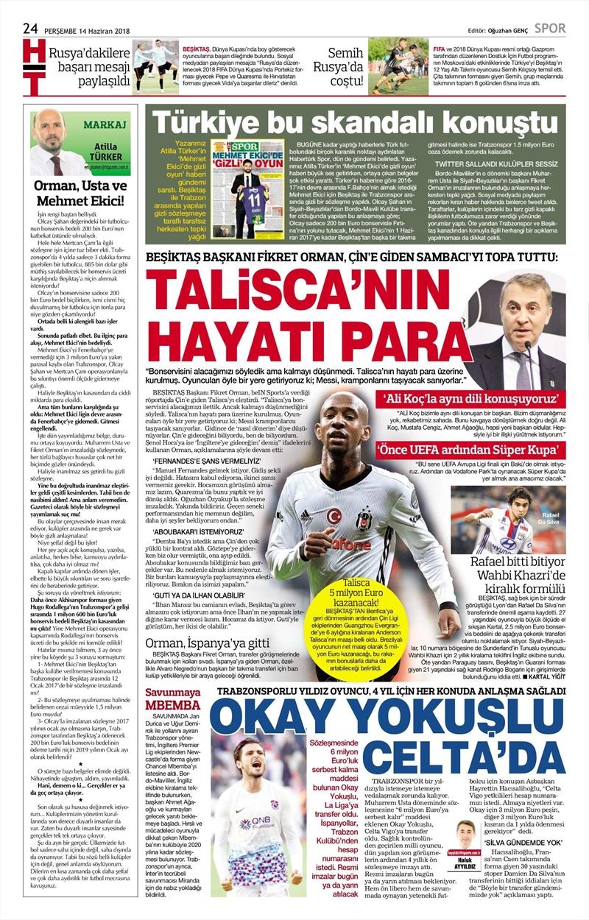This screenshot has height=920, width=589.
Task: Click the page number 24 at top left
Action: pos(30,27)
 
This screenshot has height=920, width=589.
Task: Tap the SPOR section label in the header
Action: pos(550,28)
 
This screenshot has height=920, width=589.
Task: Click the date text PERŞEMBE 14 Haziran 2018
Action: pos(91,29)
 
